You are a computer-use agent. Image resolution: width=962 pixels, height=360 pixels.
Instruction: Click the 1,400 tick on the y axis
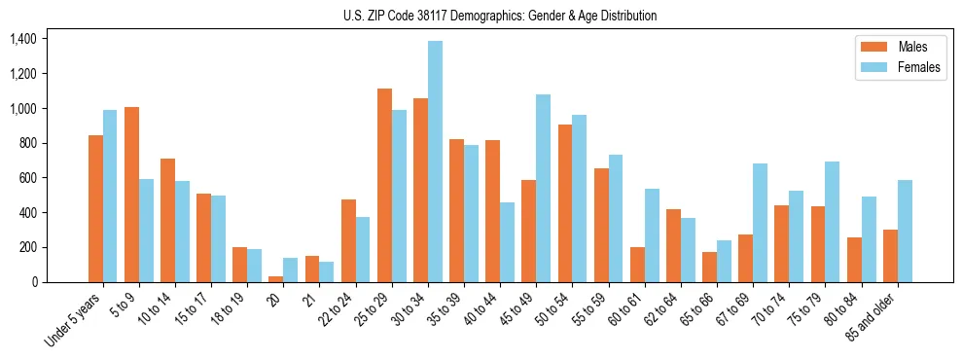click(22, 39)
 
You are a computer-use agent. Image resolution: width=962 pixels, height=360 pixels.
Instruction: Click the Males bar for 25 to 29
click(384, 185)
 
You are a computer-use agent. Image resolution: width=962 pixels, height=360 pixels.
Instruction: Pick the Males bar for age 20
click(276, 279)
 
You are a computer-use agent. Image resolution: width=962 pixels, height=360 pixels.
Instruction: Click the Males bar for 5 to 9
click(131, 195)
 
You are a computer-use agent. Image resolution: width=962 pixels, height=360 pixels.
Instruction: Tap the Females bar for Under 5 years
click(110, 196)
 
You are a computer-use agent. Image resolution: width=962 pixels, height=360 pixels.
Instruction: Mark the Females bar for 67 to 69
click(760, 223)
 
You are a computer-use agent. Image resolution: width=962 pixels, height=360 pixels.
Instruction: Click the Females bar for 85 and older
click(905, 231)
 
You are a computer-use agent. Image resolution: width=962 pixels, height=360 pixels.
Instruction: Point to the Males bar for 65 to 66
click(709, 267)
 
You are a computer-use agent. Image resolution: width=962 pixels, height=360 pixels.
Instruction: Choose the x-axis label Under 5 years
click(74, 320)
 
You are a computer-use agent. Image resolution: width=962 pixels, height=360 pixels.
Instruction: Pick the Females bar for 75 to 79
click(832, 222)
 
